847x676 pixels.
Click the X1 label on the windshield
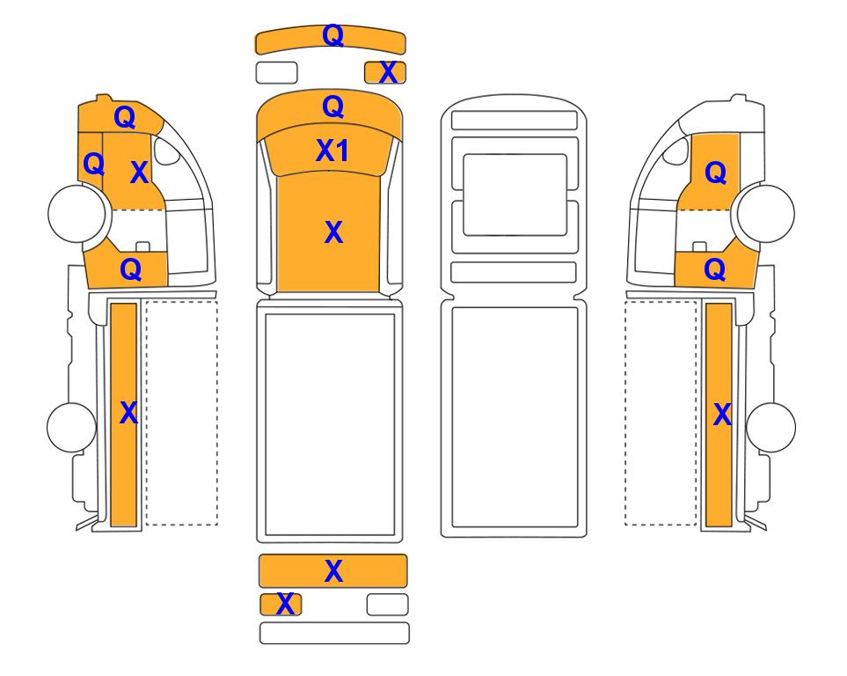(332, 151)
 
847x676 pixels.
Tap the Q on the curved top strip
(332, 35)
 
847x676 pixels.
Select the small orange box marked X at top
(385, 72)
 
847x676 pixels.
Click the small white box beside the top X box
(276, 72)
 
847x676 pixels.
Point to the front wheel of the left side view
(77, 213)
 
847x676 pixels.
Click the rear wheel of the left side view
(72, 427)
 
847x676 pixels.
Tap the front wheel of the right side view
(766, 213)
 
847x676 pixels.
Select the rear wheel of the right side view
(770, 427)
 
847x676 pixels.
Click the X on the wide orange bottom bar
(333, 571)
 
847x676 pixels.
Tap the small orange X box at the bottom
(281, 605)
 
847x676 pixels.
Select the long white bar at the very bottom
(334, 633)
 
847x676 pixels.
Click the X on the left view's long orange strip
(128, 413)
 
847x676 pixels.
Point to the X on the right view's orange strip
(722, 415)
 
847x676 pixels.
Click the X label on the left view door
(139, 173)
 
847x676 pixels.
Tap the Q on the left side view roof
(124, 117)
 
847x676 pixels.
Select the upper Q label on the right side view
(716, 173)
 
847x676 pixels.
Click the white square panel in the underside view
(515, 195)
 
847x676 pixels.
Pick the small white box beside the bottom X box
(387, 605)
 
